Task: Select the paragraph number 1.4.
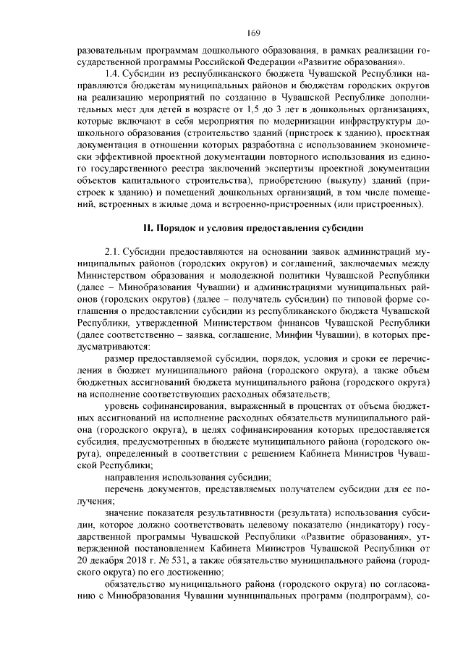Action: click(113, 74)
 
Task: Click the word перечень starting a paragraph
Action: click(124, 490)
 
